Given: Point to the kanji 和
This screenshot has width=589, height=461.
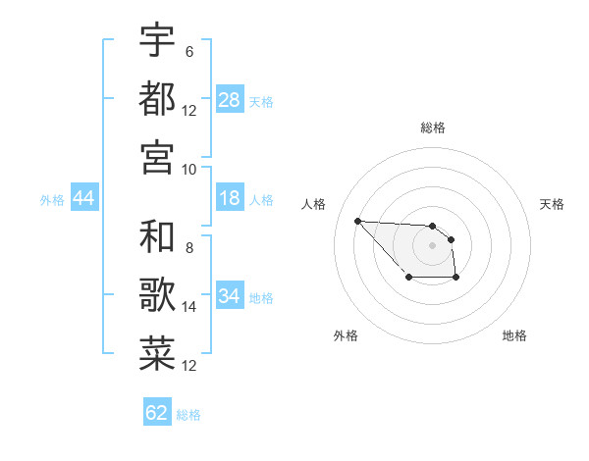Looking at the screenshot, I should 158,236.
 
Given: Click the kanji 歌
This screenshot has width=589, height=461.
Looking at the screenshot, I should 158,295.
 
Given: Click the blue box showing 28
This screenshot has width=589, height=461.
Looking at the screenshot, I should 229,100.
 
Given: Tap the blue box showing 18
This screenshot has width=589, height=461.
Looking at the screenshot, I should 229,198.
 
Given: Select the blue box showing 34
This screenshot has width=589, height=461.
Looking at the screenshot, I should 229,296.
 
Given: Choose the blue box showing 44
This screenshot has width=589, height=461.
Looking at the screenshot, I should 83,198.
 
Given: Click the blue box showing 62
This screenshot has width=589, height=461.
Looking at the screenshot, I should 157,413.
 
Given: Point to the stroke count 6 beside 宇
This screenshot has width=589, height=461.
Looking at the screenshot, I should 188,52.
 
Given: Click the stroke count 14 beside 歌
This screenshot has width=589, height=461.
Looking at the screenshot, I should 189,307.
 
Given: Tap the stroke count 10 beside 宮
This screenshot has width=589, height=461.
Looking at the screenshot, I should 189,169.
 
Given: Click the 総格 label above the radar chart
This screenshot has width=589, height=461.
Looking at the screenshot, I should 432,128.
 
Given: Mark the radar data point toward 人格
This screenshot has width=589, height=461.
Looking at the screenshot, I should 357,221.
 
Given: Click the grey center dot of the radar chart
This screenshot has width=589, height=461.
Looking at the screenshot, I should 432,245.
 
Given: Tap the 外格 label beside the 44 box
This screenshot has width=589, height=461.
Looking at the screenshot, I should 52,199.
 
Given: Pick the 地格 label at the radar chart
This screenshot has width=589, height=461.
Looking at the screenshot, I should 514,335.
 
